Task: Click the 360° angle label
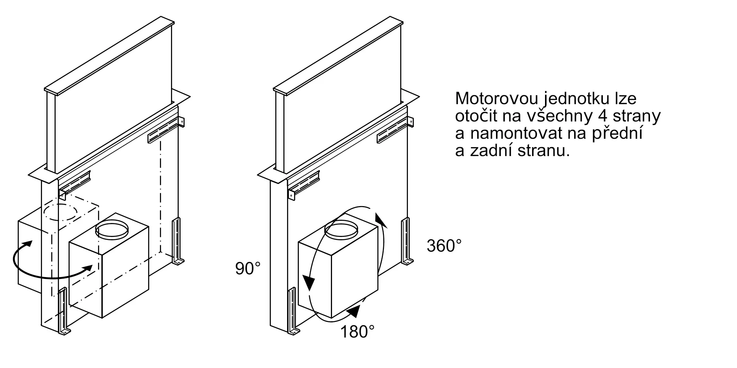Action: [444, 245]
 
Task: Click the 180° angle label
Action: [357, 332]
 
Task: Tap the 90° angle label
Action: [248, 269]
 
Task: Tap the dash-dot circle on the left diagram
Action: [61, 212]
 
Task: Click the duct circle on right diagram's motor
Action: [341, 230]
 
